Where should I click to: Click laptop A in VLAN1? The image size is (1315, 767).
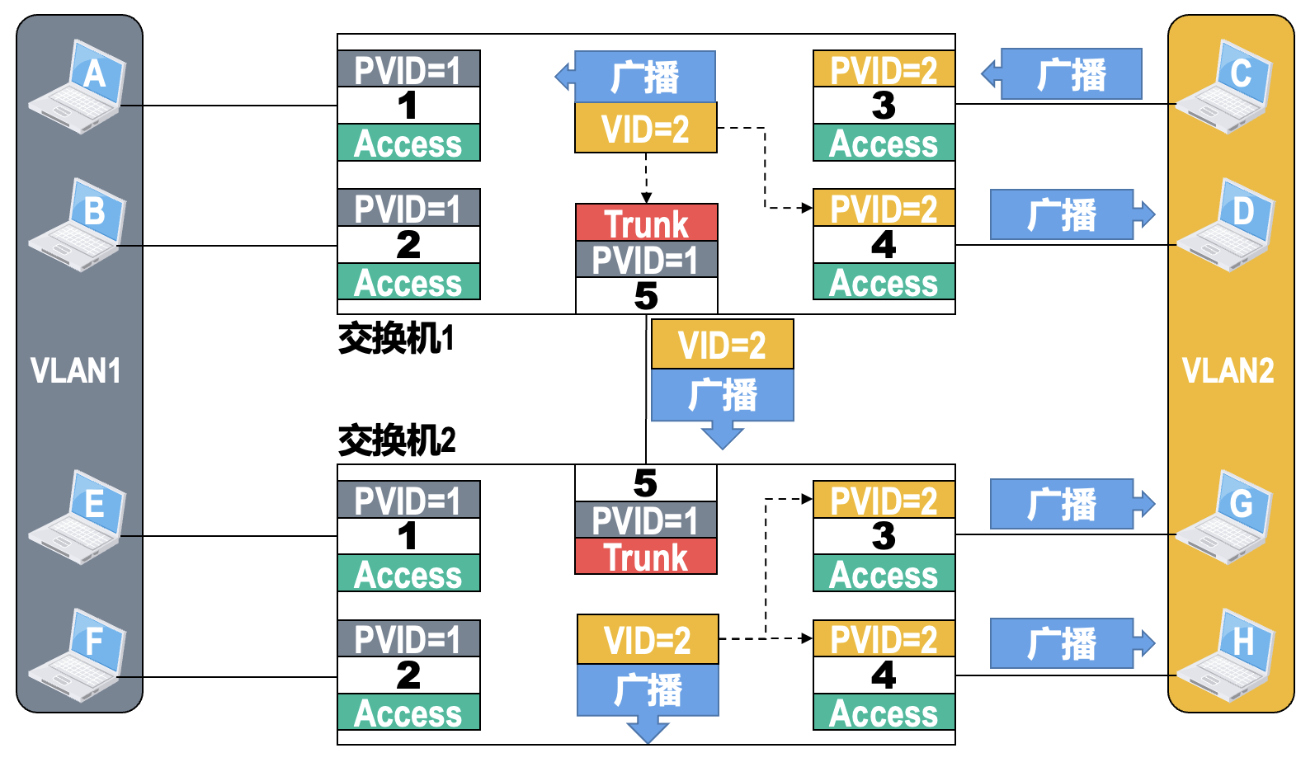[x=78, y=86]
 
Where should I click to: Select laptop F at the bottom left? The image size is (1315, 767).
[x=78, y=655]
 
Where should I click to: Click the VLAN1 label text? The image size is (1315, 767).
[x=75, y=371]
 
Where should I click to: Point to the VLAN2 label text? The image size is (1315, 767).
[x=1228, y=371]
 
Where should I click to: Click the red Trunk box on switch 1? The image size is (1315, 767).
[x=646, y=223]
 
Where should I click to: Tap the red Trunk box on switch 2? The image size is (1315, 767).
[x=646, y=558]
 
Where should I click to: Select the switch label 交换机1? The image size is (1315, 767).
[x=396, y=338]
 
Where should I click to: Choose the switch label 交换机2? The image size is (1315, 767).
[x=397, y=440]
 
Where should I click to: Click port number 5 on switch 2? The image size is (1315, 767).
[x=645, y=483]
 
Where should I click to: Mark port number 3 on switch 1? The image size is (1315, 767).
[x=884, y=106]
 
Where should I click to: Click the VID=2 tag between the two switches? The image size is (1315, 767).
[x=722, y=345]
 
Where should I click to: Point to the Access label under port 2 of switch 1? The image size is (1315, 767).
[x=408, y=282]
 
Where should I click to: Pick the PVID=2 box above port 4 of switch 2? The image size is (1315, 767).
[x=884, y=639]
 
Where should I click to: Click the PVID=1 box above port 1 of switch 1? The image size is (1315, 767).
[x=408, y=69]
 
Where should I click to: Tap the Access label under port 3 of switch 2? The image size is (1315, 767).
[x=884, y=574]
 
